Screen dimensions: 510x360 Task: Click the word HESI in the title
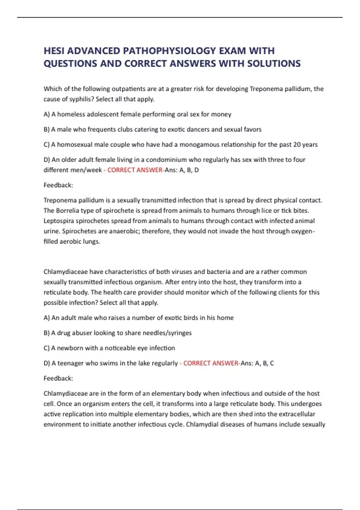tap(54, 51)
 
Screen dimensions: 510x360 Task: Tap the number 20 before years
tap(297, 145)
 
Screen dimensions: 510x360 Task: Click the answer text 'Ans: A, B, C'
tap(257, 363)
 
